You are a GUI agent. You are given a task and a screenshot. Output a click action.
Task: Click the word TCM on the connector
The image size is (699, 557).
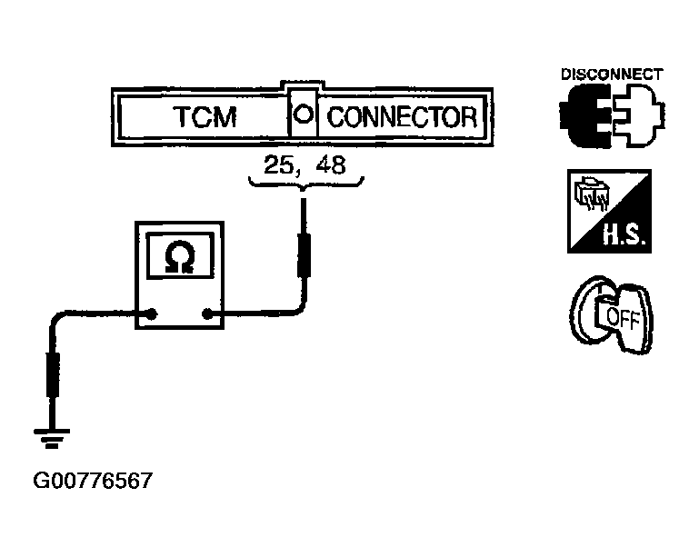(x=205, y=116)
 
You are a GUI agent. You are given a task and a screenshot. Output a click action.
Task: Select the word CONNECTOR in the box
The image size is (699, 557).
(x=402, y=116)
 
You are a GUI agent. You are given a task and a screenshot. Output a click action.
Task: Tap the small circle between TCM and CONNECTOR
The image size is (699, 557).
(x=304, y=114)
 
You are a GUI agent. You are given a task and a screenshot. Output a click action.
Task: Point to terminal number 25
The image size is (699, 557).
(x=278, y=164)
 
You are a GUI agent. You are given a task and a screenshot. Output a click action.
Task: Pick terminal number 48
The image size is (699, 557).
(x=330, y=164)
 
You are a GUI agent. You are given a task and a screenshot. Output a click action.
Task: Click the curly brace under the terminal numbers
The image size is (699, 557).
(x=305, y=183)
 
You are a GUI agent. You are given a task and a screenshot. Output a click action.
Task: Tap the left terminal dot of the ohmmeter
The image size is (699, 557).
(x=152, y=313)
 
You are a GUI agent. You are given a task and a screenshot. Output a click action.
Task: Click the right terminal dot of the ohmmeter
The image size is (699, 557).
(x=207, y=314)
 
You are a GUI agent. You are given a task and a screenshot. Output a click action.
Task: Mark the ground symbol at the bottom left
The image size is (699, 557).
(x=52, y=438)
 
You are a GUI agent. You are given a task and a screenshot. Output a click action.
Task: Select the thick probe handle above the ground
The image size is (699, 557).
(x=53, y=374)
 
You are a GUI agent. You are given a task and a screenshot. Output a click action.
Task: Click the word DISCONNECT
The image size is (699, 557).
(x=612, y=74)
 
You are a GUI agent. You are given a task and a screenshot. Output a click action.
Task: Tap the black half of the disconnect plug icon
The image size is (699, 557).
(x=585, y=116)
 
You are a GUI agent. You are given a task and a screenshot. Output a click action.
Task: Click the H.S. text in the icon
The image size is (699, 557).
(x=624, y=234)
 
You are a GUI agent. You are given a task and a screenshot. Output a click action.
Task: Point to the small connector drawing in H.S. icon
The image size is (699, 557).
(x=591, y=193)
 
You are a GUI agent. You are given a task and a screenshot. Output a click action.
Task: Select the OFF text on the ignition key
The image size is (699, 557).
(x=624, y=318)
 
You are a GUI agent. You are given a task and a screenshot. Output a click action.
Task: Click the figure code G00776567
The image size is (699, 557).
(x=93, y=481)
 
